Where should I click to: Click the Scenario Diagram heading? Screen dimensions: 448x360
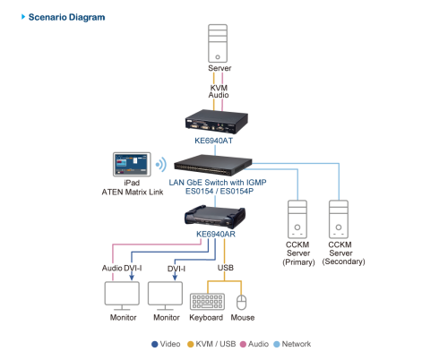pyautogui.click(x=66, y=17)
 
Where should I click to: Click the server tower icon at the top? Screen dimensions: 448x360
pyautogui.click(x=218, y=44)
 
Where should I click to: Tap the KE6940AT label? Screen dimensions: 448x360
pyautogui.click(x=213, y=141)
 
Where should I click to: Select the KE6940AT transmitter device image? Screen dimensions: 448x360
pyautogui.click(x=217, y=122)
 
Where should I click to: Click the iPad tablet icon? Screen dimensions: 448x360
pyautogui.click(x=132, y=165)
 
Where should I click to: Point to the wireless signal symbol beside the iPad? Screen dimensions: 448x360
pyautogui.click(x=161, y=165)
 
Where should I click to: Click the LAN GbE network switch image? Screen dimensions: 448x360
pyautogui.click(x=213, y=165)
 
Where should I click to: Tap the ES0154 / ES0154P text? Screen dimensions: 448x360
pyautogui.click(x=220, y=191)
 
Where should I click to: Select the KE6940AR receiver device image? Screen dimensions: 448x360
pyautogui.click(x=215, y=217)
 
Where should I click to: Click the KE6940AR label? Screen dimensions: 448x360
pyautogui.click(x=216, y=234)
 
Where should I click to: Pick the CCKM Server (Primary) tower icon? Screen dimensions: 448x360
pyautogui.click(x=297, y=219)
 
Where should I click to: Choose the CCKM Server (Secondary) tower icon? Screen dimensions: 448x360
pyautogui.click(x=339, y=219)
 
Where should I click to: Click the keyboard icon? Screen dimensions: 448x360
pyautogui.click(x=207, y=302)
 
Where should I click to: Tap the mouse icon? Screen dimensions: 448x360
pyautogui.click(x=241, y=303)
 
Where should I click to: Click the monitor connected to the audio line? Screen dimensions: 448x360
pyautogui.click(x=122, y=296)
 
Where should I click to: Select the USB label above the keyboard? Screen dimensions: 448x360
pyautogui.click(x=226, y=268)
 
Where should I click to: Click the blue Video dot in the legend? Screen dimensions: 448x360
pyautogui.click(x=154, y=345)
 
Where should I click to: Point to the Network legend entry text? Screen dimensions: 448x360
pyautogui.click(x=297, y=344)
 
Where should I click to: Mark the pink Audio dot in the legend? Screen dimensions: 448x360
pyautogui.click(x=243, y=345)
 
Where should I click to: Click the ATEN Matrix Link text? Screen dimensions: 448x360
pyautogui.click(x=133, y=192)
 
